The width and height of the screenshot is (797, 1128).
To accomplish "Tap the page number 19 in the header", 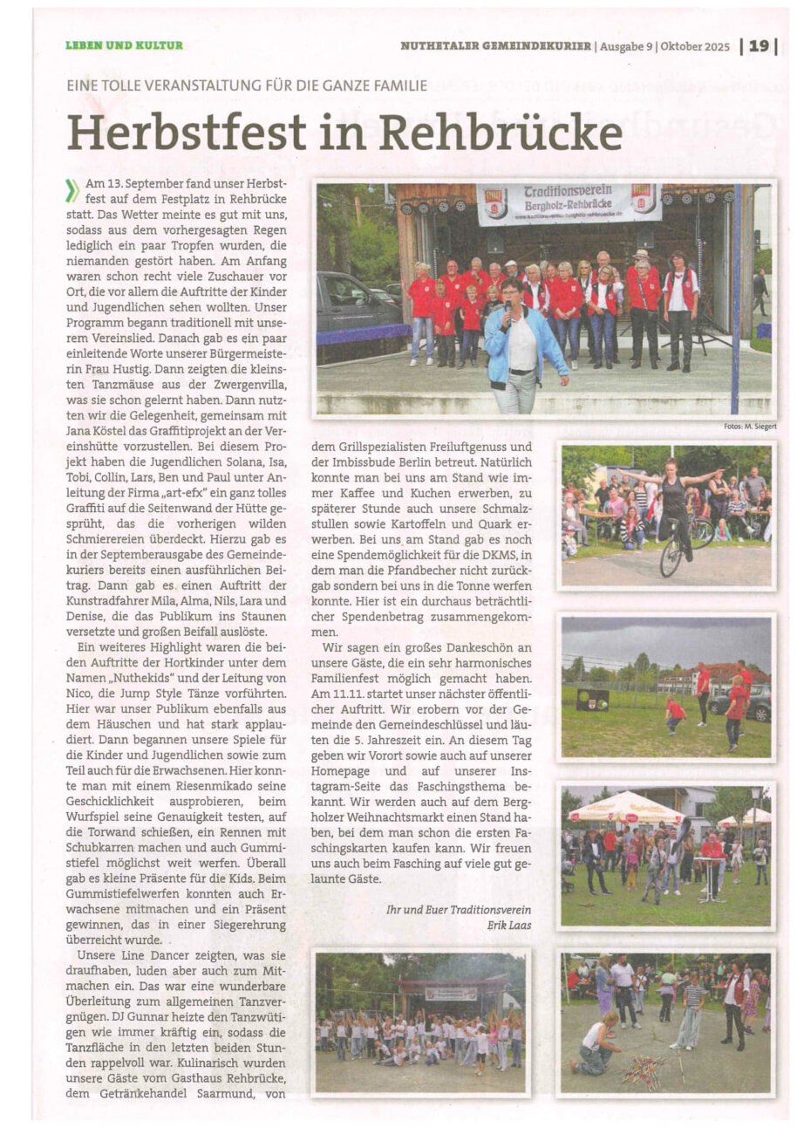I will point(759,46).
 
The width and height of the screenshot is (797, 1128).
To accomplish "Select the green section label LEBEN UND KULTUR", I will point(124,45).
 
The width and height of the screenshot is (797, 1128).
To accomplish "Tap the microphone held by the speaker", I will point(507,312).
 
